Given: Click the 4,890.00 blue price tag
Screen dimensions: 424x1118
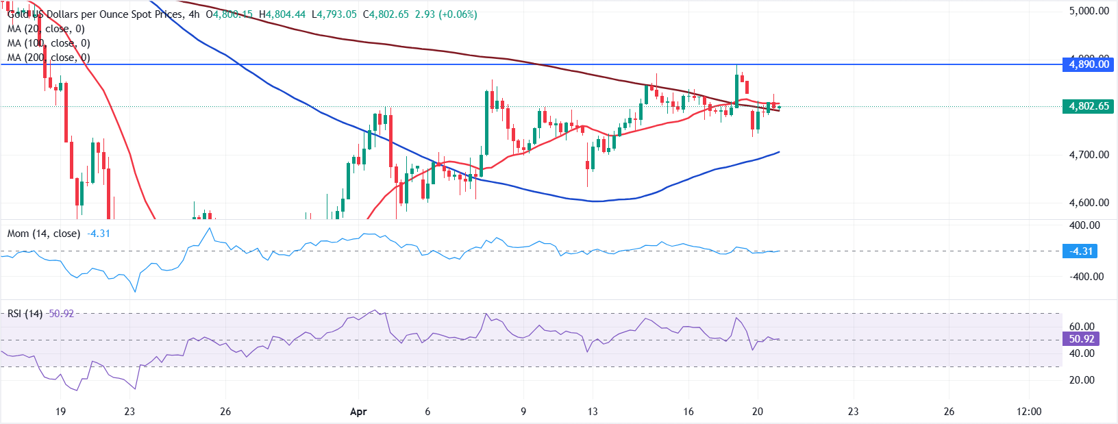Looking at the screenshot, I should [1089, 64].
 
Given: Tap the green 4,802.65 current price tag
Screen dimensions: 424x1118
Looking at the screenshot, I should [1089, 106].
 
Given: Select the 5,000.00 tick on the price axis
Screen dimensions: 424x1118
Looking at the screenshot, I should [1089, 11].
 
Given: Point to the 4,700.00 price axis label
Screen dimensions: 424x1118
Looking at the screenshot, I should [1089, 155].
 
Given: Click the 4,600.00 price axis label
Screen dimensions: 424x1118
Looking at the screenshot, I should [1089, 203].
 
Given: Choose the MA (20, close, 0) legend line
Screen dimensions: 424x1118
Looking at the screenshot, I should [46, 29].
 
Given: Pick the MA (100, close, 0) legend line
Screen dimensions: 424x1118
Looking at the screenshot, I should [49, 43].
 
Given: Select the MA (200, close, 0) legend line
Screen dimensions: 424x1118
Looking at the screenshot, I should [49, 58].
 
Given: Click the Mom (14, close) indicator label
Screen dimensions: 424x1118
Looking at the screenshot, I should [44, 234].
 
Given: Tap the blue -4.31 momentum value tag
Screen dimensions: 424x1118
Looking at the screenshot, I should [1081, 251].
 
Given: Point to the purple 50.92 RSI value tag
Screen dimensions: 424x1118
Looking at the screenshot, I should [1081, 339].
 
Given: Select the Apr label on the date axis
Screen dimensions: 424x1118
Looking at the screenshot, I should [358, 412].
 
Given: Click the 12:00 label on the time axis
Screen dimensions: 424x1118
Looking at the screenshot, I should [1029, 412].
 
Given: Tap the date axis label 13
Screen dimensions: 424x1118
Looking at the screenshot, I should [592, 412].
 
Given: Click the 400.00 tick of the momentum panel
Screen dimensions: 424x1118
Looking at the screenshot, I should [1084, 225].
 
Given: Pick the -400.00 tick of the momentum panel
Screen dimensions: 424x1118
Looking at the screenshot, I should [1086, 277].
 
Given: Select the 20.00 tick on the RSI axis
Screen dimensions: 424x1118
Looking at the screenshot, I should [1082, 380].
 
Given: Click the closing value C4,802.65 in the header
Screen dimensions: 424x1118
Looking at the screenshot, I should [386, 14].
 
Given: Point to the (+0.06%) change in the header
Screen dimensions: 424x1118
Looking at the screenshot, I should [458, 14].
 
